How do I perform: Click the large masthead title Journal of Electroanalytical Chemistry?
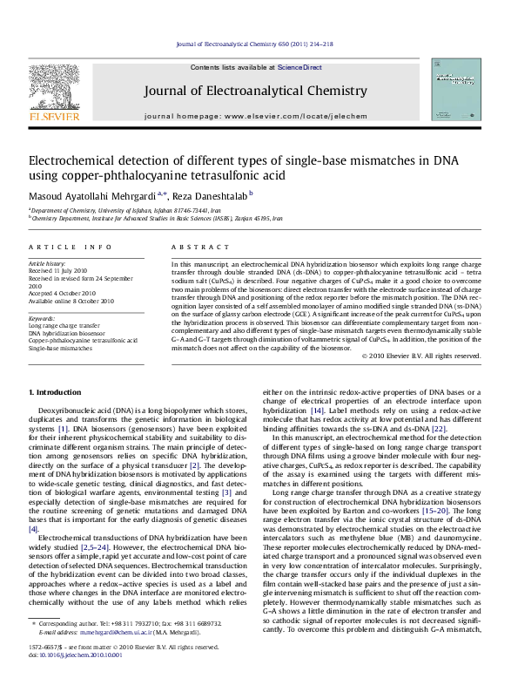pos(259,88)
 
